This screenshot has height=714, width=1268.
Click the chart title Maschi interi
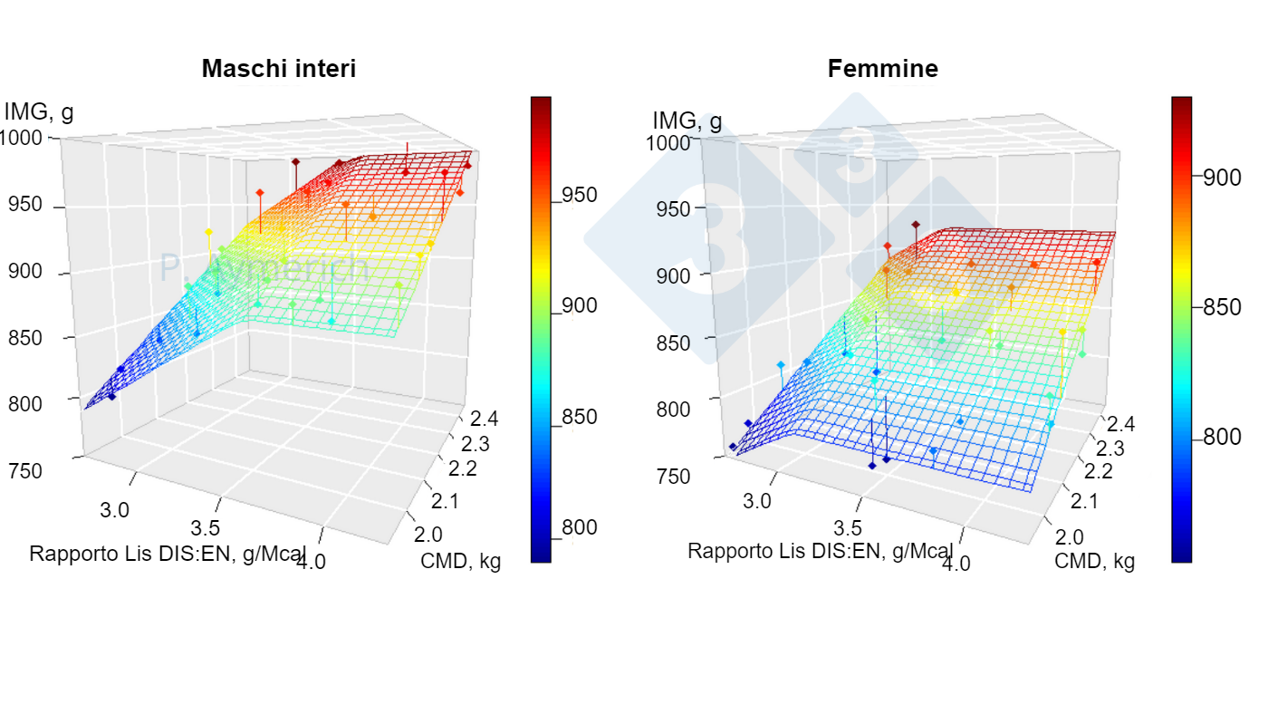[278, 69]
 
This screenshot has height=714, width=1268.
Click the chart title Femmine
[882, 69]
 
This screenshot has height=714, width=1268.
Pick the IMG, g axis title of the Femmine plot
[687, 121]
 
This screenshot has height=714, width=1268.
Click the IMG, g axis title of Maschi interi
[38, 112]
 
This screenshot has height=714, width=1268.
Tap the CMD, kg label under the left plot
[460, 561]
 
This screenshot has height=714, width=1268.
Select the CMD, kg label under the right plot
[1094, 561]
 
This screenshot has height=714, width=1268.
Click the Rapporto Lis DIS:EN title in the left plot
[168, 554]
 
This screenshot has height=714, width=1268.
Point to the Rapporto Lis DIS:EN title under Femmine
[820, 551]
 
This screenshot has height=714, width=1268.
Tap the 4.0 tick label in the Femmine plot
[956, 564]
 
